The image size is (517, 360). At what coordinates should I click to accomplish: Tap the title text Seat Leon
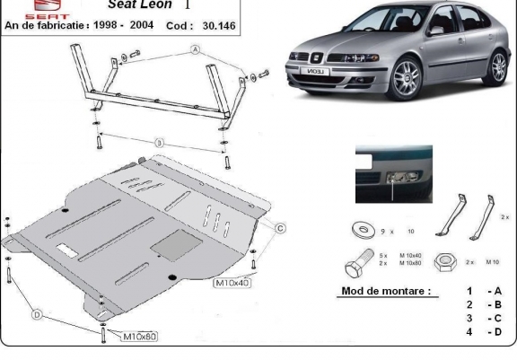coord(143,4)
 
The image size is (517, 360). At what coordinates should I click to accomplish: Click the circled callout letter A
coord(193,50)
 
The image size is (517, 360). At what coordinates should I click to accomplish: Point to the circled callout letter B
coord(159,141)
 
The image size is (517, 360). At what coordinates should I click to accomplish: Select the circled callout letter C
coord(279,229)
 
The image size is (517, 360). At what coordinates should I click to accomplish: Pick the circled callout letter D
coord(38,313)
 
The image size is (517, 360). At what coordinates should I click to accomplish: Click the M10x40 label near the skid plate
coord(231,284)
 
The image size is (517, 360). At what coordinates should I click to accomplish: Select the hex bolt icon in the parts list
coord(355,265)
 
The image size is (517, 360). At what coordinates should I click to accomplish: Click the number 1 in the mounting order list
coord(469,291)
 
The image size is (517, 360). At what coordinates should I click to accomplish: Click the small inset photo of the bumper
coord(393,174)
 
